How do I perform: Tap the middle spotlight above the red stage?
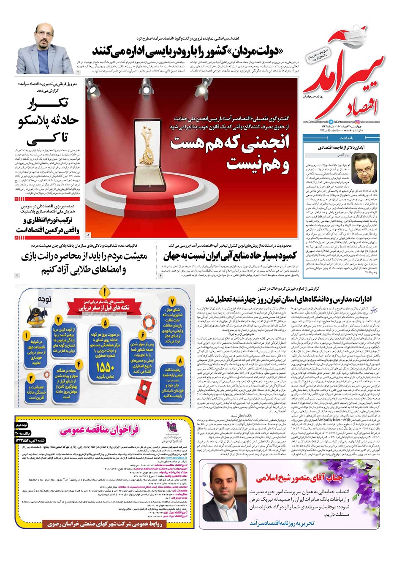click(145, 87)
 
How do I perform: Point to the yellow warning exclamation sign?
click(104, 292)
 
